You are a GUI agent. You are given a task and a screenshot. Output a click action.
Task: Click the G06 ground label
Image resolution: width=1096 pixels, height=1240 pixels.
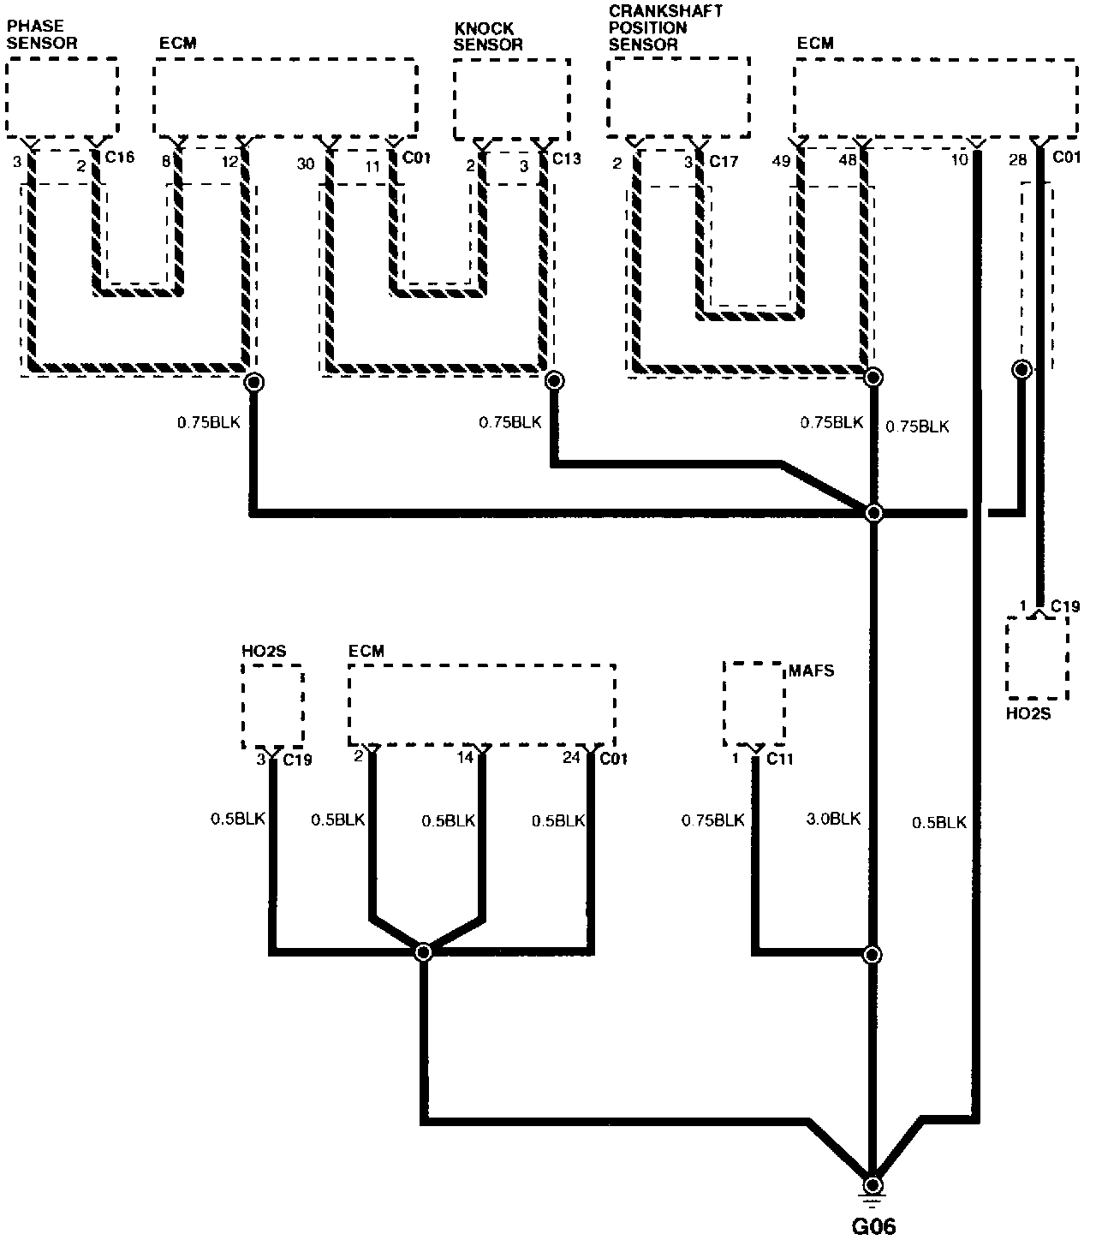point(874,1227)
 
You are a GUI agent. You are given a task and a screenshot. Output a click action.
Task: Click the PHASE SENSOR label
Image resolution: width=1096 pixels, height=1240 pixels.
point(42,34)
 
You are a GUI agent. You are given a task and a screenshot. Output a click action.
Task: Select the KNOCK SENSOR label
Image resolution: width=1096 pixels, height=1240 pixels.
point(487,37)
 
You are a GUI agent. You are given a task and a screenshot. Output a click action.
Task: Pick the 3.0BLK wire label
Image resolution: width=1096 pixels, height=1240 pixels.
point(833,820)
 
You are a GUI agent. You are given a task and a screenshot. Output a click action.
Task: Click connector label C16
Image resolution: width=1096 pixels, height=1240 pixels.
point(119,158)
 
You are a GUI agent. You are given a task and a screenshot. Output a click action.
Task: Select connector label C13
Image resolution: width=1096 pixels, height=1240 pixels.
point(566,159)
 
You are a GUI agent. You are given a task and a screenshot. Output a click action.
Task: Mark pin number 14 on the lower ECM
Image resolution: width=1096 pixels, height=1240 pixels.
point(464,759)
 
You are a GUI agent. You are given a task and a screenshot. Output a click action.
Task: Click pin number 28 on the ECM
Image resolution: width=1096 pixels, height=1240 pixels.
point(1017,160)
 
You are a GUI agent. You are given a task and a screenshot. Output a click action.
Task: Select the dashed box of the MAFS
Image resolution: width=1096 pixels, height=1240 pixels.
point(753,703)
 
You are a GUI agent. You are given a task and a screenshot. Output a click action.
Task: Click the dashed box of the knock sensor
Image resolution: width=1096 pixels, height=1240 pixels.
point(511,98)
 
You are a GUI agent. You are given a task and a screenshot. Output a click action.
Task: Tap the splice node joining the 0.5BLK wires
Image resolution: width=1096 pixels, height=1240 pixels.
point(423,952)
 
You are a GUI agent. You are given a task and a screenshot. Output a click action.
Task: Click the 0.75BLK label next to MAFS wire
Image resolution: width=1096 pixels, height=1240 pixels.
point(712,820)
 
